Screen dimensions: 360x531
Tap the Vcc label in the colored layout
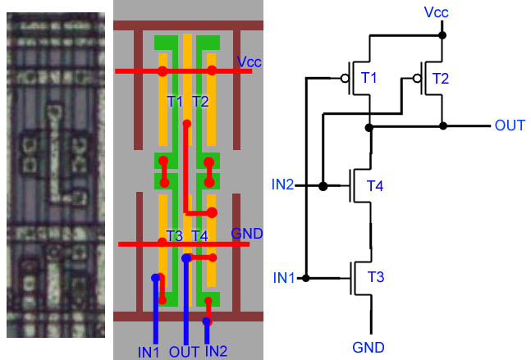coord(249,62)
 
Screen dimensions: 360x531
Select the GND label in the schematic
coord(369,347)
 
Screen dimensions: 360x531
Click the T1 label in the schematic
coord(368,78)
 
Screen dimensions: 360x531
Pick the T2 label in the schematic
coord(441,78)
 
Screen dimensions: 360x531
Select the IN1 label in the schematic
coord(284,278)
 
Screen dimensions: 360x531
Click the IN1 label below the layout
coord(149,353)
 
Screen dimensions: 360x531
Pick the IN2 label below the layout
coord(216,353)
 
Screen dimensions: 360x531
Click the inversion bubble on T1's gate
coord(341,80)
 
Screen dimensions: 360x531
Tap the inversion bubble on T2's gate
coord(418,80)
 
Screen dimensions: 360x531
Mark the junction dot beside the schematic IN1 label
coord(305,279)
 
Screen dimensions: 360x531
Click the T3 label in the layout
coord(174,236)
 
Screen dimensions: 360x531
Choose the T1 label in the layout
coord(174,101)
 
